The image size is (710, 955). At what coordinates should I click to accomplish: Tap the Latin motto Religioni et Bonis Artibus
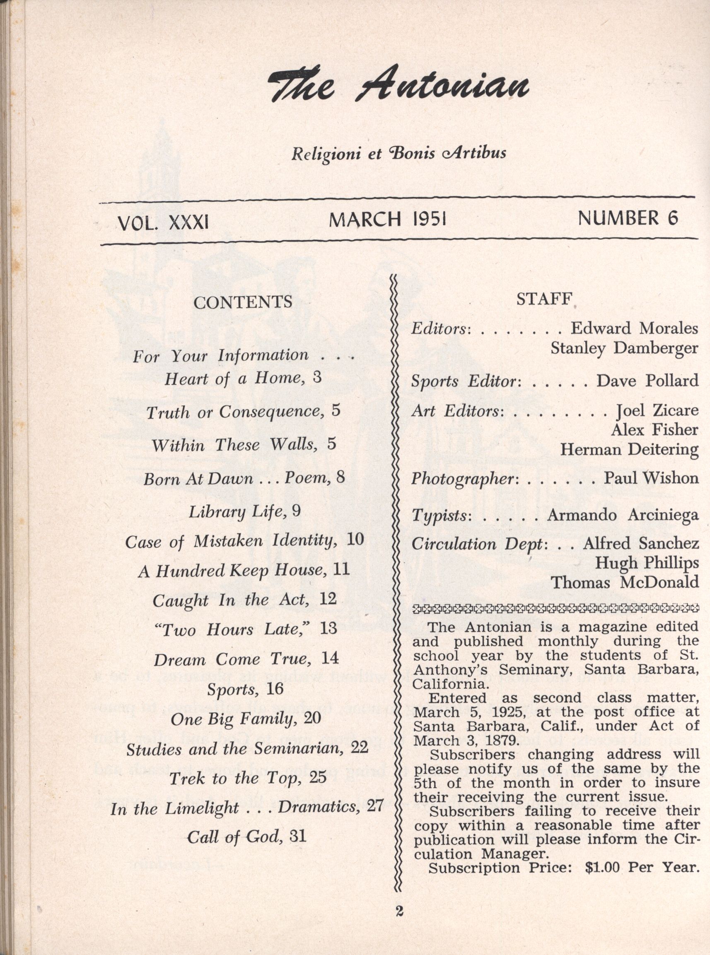[398, 153]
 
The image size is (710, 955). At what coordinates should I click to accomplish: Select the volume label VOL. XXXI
[163, 222]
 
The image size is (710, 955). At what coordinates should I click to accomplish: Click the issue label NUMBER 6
[628, 218]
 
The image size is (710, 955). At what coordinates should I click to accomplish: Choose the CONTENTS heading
[242, 302]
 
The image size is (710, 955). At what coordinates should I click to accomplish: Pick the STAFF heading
[544, 299]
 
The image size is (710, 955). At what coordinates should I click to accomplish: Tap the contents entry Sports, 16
[245, 689]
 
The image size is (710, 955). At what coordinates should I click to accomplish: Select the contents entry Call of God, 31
[247, 837]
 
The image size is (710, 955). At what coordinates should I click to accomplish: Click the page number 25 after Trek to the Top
[318, 777]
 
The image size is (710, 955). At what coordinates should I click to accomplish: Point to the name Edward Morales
[634, 328]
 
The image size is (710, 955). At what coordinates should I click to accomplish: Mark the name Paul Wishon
[651, 478]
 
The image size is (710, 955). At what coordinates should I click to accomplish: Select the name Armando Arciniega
[623, 515]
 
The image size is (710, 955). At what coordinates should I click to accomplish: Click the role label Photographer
[462, 479]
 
